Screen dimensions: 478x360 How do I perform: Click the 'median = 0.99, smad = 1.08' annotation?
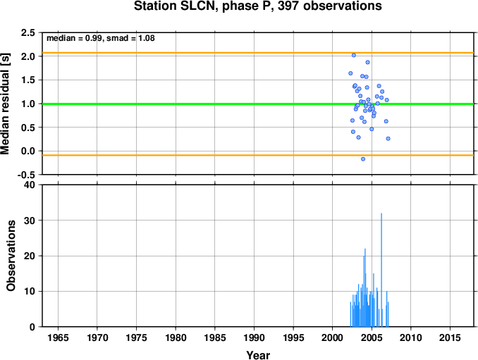click(101, 38)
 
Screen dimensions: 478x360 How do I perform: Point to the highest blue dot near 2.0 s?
click(354, 55)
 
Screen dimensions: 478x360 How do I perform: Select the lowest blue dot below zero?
click(363, 159)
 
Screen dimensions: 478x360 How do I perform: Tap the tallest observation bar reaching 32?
click(381, 270)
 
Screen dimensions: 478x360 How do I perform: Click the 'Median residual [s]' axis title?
click(5, 104)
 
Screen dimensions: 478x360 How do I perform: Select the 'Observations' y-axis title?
click(11, 256)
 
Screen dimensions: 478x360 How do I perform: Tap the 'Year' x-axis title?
click(258, 355)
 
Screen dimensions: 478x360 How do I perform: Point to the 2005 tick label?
click(372, 337)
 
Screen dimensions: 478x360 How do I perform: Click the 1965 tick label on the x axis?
click(58, 337)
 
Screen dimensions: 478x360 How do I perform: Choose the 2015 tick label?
click(450, 337)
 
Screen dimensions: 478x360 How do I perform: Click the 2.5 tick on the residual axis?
click(27, 32)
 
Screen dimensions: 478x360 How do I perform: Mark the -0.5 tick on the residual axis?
click(26, 175)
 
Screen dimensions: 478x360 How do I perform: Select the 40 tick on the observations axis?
click(30, 185)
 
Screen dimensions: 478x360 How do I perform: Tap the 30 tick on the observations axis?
click(30, 221)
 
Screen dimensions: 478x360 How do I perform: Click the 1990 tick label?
click(254, 337)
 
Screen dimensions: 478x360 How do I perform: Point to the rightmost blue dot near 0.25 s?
click(388, 139)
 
